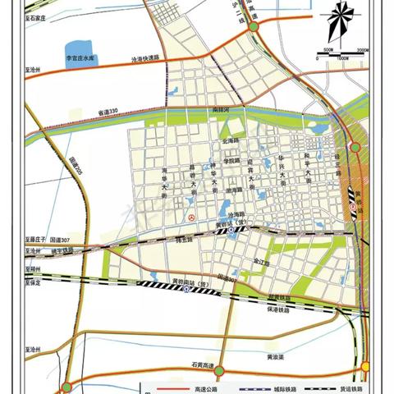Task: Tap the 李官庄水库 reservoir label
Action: pos(82,58)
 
